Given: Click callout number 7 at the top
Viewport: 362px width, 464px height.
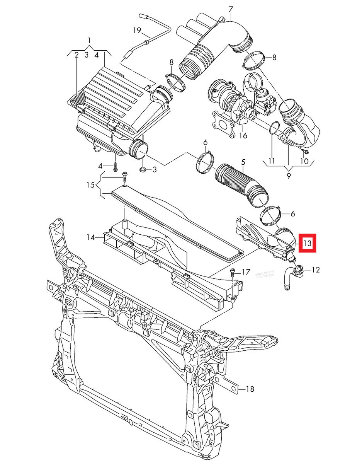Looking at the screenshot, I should pyautogui.click(x=231, y=9).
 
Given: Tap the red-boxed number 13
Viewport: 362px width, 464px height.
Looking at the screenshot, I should pyautogui.click(x=307, y=244).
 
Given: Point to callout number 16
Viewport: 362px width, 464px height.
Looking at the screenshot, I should pyautogui.click(x=243, y=136).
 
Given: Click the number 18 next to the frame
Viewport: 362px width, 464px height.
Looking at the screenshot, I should pyautogui.click(x=250, y=389).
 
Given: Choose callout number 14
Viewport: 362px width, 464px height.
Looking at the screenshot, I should pyautogui.click(x=90, y=237).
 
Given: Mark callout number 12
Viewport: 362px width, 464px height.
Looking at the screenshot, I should pyautogui.click(x=316, y=270).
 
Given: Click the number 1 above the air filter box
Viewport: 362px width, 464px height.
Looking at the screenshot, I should pyautogui.click(x=89, y=41).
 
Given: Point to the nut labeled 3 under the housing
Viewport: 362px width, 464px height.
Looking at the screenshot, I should pyautogui.click(x=143, y=169).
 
